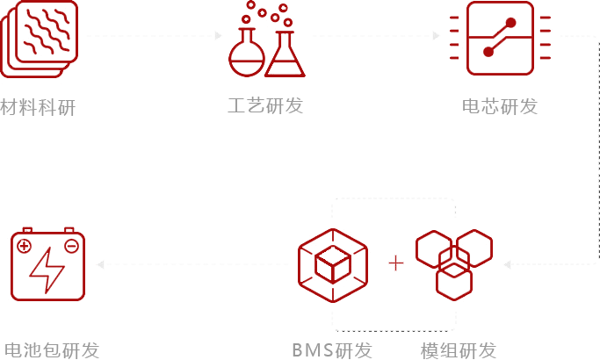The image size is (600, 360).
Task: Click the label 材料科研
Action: click(38, 107)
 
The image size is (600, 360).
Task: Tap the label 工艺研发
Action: click(265, 105)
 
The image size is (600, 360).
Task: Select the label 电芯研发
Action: click(500, 106)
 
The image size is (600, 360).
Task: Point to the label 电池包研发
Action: click(52, 350)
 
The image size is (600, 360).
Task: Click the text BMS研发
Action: click(332, 350)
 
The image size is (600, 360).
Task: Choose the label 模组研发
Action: click(459, 350)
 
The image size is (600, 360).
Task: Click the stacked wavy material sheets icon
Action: click(39, 39)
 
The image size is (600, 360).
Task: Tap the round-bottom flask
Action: click(247, 53)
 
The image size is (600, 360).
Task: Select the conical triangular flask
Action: click(286, 54)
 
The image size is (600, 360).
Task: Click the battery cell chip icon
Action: click(500, 38)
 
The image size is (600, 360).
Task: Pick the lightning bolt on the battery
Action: click(47, 270)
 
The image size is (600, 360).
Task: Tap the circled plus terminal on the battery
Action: click(24, 246)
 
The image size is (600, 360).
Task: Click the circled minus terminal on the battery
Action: click(71, 246)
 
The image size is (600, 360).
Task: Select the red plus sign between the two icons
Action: click(396, 263)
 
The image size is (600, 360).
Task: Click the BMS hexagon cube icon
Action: click(333, 265)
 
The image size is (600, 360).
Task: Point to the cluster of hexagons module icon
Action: click(454, 265)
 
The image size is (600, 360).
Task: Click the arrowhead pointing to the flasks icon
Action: click(218, 36)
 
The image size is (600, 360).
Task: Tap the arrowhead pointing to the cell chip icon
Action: click(436, 36)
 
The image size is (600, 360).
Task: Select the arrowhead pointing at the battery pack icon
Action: click(101, 264)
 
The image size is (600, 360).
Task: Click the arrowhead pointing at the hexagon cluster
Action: click(508, 264)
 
